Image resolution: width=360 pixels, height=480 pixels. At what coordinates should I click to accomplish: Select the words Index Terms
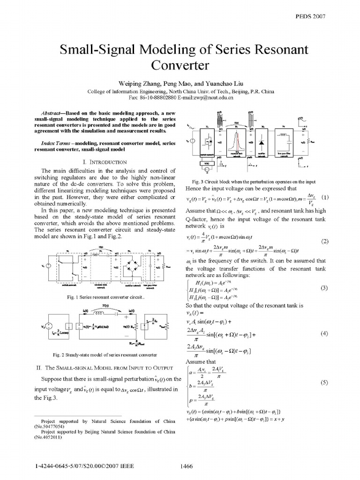pos(54,142)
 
